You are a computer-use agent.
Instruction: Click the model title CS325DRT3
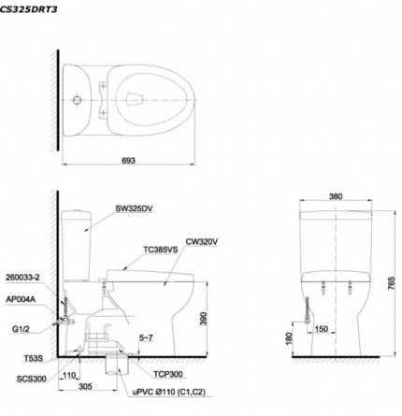pyautogui.click(x=28, y=9)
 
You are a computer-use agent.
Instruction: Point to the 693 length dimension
pyautogui.click(x=128, y=161)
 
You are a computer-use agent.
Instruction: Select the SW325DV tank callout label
pyautogui.click(x=134, y=208)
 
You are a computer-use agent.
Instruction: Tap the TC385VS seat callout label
pyautogui.click(x=161, y=250)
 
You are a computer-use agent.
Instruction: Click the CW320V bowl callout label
pyautogui.click(x=202, y=242)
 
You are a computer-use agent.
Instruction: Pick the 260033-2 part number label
pyautogui.click(x=22, y=278)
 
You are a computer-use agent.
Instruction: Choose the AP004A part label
pyautogui.click(x=21, y=299)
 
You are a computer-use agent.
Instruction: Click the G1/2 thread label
pyautogui.click(x=21, y=329)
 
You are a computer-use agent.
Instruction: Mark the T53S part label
pyautogui.click(x=34, y=359)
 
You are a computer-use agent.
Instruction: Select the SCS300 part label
pyautogui.click(x=32, y=379)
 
